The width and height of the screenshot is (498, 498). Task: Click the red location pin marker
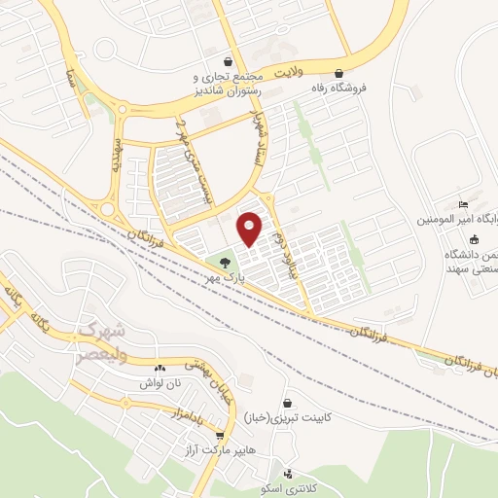point(250,228)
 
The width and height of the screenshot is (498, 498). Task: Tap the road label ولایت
point(293,73)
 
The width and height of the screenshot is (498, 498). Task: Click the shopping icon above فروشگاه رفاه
point(338,73)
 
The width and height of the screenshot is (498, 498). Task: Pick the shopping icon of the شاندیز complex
point(228,61)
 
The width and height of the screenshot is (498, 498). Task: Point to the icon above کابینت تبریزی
point(287,403)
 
